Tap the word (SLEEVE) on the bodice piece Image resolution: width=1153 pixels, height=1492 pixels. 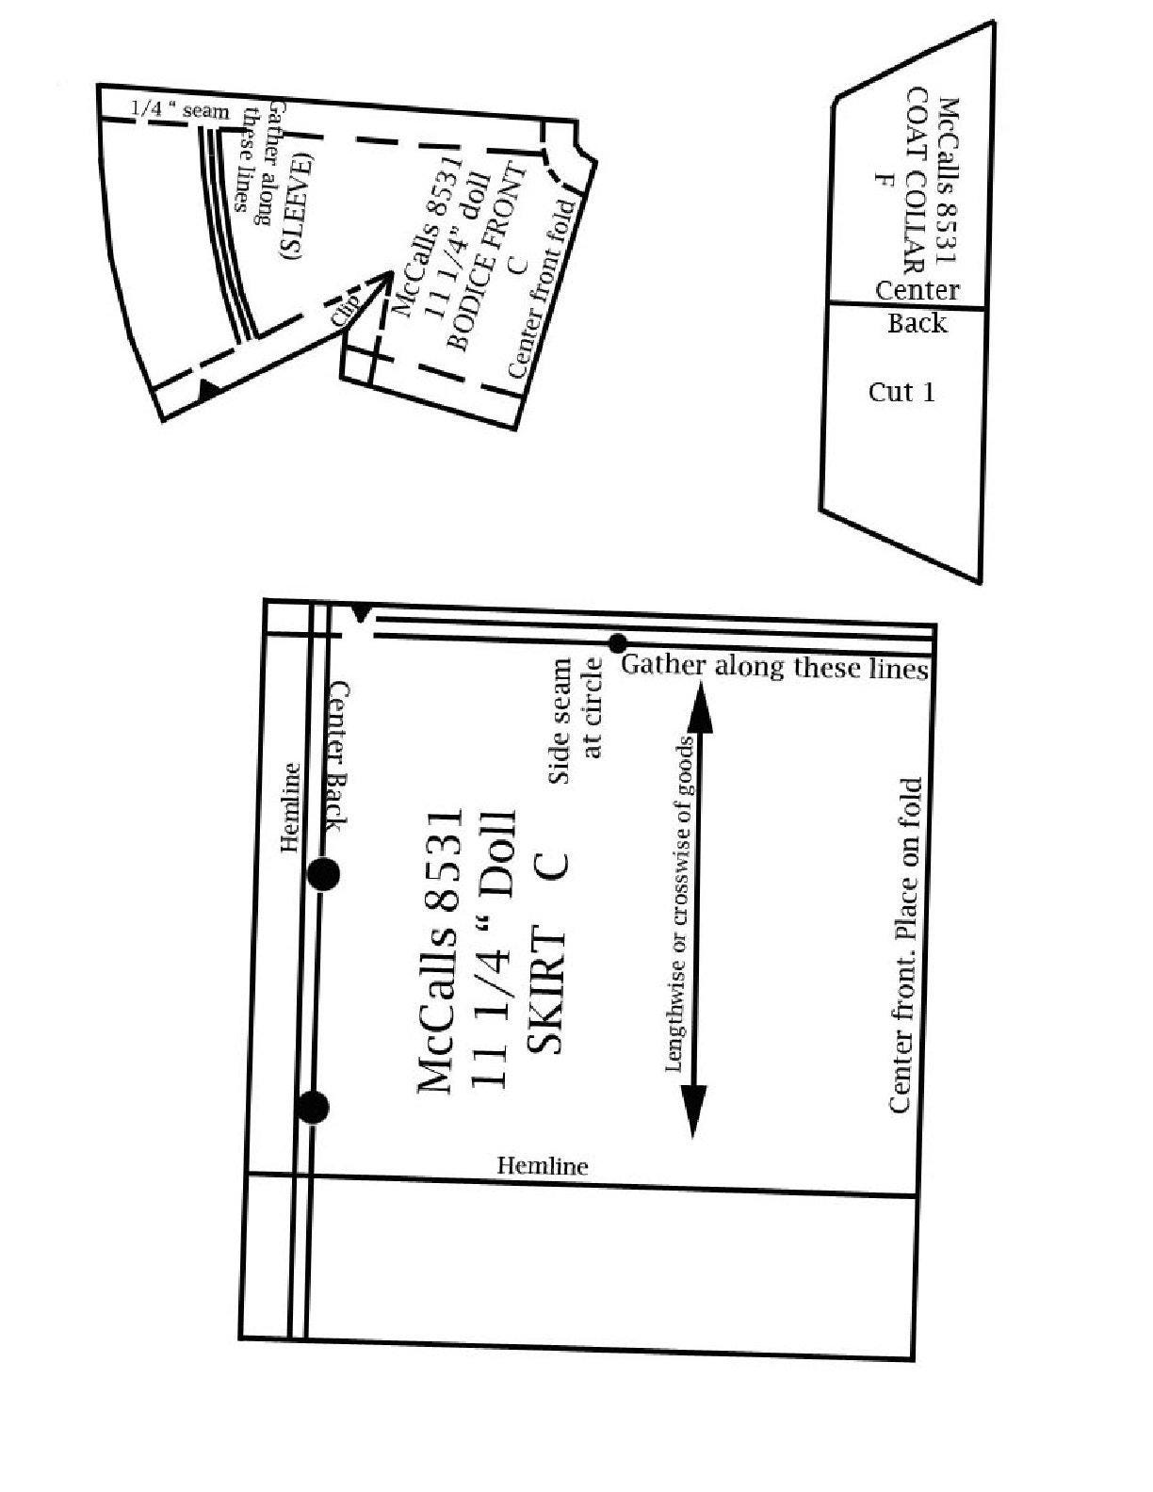pyautogui.click(x=296, y=206)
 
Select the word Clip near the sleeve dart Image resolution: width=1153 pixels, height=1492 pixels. pyautogui.click(x=346, y=309)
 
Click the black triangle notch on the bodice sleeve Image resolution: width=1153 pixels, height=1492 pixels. pyautogui.click(x=209, y=389)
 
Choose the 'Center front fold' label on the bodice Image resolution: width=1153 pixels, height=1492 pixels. pyautogui.click(x=543, y=288)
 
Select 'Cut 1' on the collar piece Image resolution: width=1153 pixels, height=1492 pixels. pyautogui.click(x=901, y=392)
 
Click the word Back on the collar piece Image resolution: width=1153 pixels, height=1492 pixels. pyautogui.click(x=917, y=323)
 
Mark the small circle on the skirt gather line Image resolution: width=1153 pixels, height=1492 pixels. pyautogui.click(x=618, y=643)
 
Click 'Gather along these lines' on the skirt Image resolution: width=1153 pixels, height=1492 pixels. pyautogui.click(x=774, y=668)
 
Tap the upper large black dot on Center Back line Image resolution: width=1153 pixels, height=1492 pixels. pyautogui.click(x=323, y=874)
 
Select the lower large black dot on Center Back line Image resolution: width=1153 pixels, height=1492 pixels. pyautogui.click(x=313, y=1107)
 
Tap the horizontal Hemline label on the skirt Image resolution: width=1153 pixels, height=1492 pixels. pyautogui.click(x=543, y=1165)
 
